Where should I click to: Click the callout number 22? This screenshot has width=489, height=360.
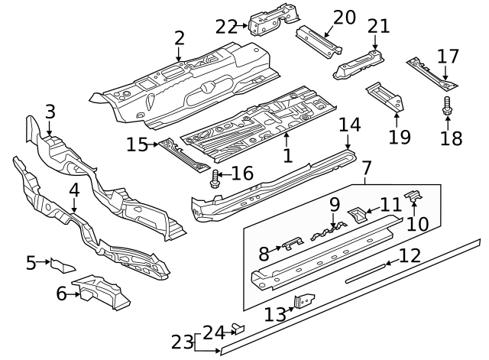coord(226,26)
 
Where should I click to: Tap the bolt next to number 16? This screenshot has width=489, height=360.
coord(215,180)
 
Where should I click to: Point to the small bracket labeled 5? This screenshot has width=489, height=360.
coord(62,266)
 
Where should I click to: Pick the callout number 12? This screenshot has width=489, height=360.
coord(410,255)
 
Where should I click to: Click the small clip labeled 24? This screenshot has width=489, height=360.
coord(238,329)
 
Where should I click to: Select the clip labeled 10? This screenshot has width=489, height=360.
coord(413,197)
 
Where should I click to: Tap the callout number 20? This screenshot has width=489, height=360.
coord(345,17)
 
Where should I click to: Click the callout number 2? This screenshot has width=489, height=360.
coord(179,37)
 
